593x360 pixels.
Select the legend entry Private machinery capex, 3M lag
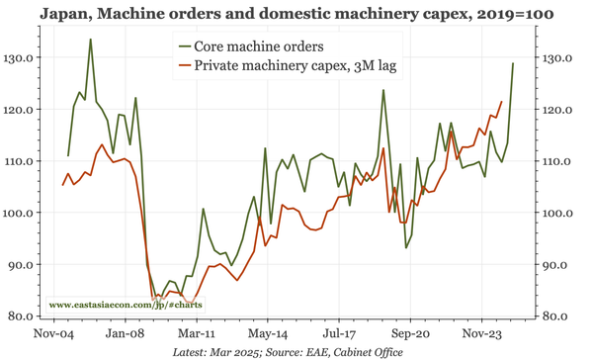292,66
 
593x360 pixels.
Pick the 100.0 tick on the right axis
560,213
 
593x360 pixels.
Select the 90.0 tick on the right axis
560,265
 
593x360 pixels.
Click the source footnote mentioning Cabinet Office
296,352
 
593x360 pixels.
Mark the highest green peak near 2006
90,40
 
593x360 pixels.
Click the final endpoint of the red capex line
501,101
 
